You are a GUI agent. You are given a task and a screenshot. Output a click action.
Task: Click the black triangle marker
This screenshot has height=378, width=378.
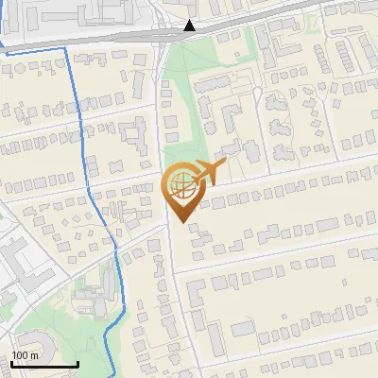[x=190, y=26]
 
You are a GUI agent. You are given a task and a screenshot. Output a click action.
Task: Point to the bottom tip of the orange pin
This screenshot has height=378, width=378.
[x=180, y=223]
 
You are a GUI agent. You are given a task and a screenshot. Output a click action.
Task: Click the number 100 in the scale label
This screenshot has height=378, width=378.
[x=20, y=355]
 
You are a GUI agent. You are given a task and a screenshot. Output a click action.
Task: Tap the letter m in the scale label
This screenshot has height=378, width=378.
[x=34, y=355]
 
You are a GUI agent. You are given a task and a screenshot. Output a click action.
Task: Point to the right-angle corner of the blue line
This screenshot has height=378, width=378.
[x=68, y=46]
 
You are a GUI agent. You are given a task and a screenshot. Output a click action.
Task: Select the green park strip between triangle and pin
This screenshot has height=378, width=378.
[x=180, y=104]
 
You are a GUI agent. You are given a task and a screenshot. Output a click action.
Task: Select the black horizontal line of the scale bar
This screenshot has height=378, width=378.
[x=43, y=365]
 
